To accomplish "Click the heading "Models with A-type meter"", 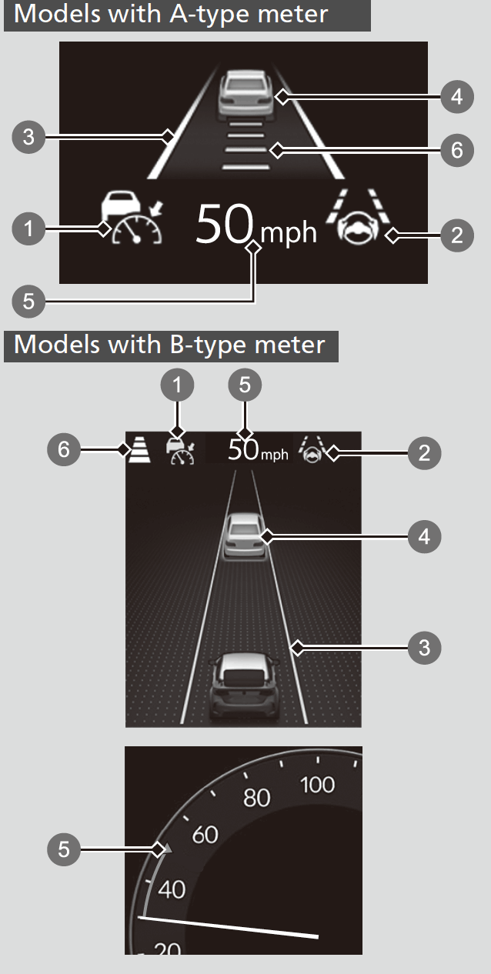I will coord(171,15).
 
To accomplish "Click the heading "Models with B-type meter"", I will coord(169,344).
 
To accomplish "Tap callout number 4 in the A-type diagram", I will coord(457,97).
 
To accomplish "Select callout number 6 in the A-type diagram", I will coord(457,150).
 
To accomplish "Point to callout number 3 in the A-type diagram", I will coord(28,138).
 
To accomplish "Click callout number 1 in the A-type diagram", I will coord(28,228).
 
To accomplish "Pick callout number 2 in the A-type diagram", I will coord(457,235).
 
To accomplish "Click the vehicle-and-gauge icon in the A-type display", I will coord(132,219).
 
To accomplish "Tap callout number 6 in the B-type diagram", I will coord(64,449).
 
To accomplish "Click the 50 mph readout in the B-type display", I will coord(257,451).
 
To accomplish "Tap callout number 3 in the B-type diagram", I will coord(424,648).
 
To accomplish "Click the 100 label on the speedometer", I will coord(318,785).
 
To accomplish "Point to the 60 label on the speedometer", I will coord(204,834).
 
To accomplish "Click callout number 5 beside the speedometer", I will coord(64,849).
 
